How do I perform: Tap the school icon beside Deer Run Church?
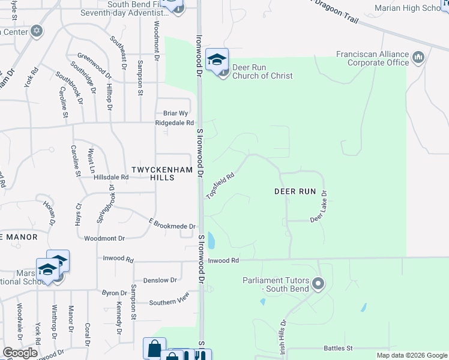point(217,59)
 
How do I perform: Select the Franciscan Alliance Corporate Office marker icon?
point(418,58)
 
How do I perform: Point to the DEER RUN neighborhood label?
point(295,191)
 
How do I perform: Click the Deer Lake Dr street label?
point(319,208)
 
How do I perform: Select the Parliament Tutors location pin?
point(319,283)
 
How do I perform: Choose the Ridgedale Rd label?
point(174,122)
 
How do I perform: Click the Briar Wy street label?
point(176,113)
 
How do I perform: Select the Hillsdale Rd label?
point(111,177)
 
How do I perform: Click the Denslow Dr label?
point(160,280)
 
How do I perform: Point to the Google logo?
point(20,353)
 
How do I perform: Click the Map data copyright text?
point(411,355)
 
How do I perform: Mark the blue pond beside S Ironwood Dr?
point(211,240)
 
